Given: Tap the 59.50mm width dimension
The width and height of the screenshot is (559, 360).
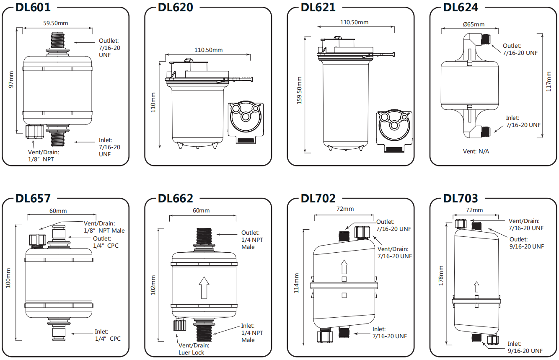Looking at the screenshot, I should [57, 23].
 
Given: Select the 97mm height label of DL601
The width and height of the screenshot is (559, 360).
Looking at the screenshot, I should [12, 79].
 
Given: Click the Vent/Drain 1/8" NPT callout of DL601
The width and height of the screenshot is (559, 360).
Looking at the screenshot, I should [41, 155].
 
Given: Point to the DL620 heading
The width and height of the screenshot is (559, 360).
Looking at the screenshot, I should [176, 7].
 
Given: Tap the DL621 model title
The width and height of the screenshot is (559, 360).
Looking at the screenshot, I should [318, 7].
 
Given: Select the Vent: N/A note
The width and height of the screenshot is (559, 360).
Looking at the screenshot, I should [476, 151].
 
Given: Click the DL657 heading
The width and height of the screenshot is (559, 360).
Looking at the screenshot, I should [33, 198].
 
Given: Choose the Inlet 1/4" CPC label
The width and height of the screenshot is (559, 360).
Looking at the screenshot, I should [107, 335].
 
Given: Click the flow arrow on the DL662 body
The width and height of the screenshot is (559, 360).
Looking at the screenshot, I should [204, 287].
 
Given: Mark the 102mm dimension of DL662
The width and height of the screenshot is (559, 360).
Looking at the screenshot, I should [153, 285].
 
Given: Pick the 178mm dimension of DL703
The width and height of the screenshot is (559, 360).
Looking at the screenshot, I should [440, 275].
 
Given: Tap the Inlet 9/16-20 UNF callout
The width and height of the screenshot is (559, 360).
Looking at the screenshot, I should [525, 347].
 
